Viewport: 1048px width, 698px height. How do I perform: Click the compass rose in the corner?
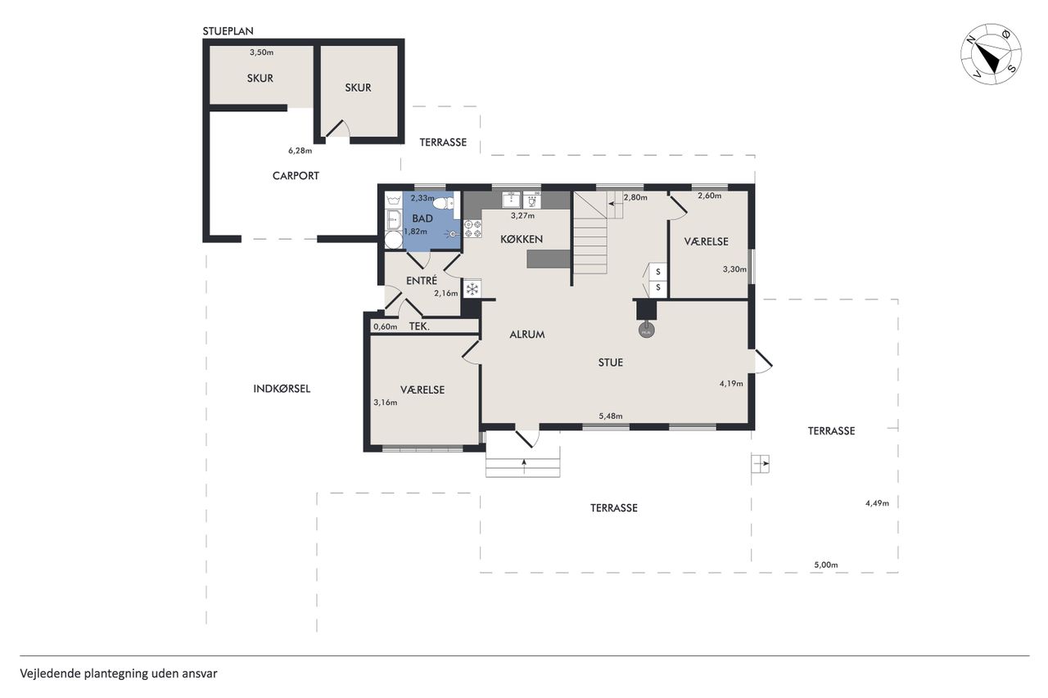coord(991,54)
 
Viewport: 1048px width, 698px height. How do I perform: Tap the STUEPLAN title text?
coord(228,31)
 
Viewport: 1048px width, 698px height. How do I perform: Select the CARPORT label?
coord(296,176)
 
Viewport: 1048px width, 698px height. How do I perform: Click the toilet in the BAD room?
coord(444,204)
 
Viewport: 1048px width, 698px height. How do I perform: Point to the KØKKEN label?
coord(522,239)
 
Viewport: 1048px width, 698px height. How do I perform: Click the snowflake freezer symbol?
coord(472,288)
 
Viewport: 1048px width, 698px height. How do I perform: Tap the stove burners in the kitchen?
coord(472,229)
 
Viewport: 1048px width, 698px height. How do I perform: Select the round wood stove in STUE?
coord(646,331)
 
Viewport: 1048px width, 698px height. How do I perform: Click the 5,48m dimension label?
coord(611,416)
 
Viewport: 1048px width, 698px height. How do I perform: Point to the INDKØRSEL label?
coord(282,389)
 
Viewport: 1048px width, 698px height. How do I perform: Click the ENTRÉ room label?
coord(422,281)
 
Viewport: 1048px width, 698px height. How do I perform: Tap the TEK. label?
coord(419,326)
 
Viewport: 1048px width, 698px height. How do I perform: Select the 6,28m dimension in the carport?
coord(300,151)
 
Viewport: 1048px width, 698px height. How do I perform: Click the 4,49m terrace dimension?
coord(877,503)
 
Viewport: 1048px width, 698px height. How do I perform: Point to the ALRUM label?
coord(527,335)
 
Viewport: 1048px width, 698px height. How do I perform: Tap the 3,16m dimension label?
coord(386,402)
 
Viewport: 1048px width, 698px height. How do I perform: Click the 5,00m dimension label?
coord(826,565)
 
